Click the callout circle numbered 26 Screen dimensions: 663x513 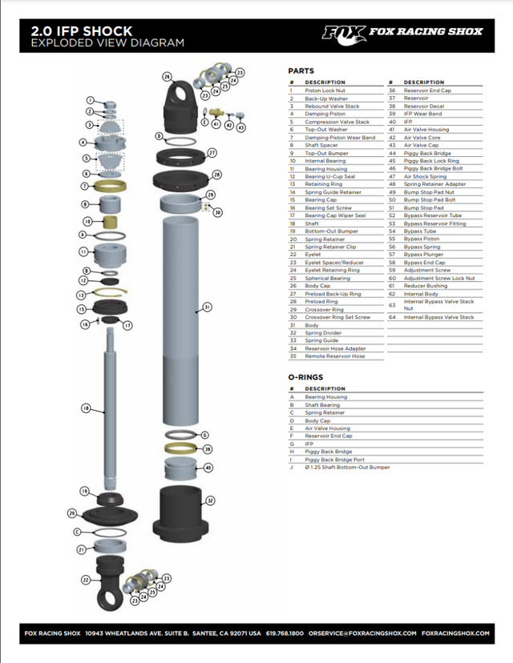click(167, 77)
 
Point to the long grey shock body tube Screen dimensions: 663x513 click(182, 320)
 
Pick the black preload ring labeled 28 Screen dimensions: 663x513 click(184, 175)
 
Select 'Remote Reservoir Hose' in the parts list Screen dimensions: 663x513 click(334, 356)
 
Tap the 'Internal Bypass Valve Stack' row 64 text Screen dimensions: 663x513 click(438, 317)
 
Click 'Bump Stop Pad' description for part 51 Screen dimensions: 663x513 click(423, 207)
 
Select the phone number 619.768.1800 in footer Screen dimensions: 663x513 click(285, 633)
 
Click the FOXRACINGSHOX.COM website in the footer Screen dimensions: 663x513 click(454, 633)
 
